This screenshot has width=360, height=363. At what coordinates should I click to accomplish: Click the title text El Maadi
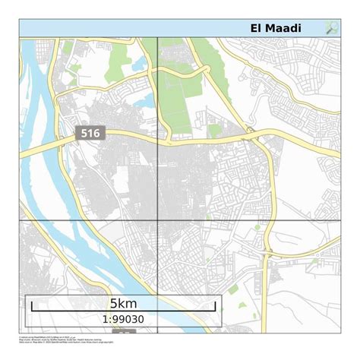click(x=276, y=29)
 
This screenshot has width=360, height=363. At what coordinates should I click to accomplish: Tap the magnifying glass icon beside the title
click(x=332, y=28)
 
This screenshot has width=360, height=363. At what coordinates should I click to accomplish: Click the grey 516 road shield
click(x=90, y=134)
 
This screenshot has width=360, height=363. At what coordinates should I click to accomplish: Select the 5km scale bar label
click(x=123, y=304)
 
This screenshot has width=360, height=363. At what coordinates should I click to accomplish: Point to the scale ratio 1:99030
click(x=123, y=320)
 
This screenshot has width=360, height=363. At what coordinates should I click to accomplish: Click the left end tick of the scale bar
click(x=31, y=306)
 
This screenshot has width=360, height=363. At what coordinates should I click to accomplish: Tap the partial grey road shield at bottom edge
click(x=125, y=332)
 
